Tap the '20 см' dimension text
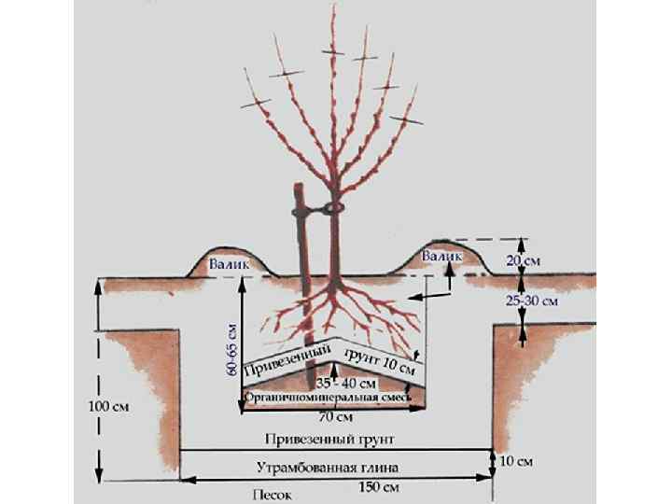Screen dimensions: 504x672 click(524, 262)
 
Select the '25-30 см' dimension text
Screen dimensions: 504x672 click(531, 301)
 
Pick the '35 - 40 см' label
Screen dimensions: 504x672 click(345, 384)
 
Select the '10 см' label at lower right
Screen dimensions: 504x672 click(517, 461)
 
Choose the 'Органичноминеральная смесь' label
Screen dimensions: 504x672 click(329, 399)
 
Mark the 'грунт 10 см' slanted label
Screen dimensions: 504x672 click(379, 361)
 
